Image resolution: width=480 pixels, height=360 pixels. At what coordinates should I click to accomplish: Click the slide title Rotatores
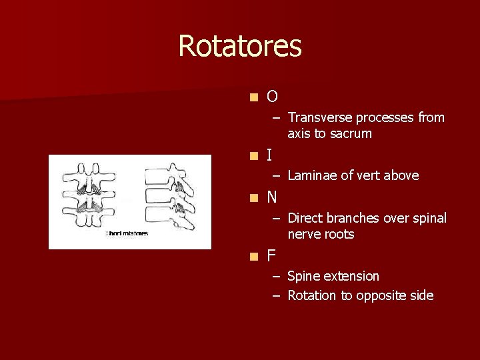click(x=240, y=47)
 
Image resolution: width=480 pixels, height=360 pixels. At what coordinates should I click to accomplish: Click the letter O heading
click(x=272, y=97)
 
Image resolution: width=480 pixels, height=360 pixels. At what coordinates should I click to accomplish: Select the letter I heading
click(x=269, y=156)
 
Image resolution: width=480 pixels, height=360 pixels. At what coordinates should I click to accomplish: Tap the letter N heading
click(x=272, y=198)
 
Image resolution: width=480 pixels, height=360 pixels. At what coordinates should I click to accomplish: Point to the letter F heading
click(x=271, y=256)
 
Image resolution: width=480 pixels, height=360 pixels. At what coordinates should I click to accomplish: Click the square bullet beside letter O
click(x=253, y=98)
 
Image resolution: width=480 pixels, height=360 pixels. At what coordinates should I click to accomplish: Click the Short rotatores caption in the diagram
click(x=127, y=233)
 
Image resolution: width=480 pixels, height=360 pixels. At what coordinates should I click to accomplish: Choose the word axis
click(x=299, y=134)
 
